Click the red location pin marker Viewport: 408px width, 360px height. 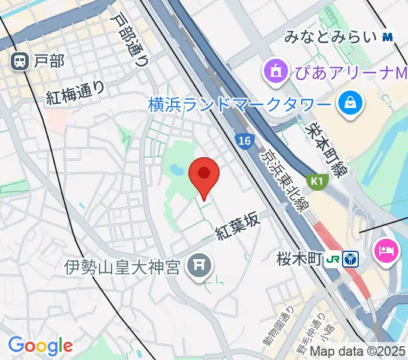[204, 175]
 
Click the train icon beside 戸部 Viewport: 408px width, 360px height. [20, 60]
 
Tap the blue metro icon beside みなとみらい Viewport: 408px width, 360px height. [387, 37]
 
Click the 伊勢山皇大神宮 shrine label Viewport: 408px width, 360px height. [122, 266]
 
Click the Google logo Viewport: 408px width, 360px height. [40, 345]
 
